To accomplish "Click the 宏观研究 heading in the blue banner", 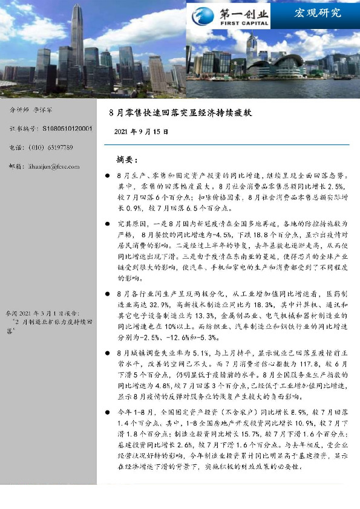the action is pos(318,12).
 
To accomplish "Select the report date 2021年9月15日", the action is pos(142,131).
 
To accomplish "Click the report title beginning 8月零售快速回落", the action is pos(180,112).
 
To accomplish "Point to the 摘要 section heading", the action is pos(126,158).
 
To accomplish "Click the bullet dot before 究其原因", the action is pos(106,224).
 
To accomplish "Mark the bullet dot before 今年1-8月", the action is pos(106,411).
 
